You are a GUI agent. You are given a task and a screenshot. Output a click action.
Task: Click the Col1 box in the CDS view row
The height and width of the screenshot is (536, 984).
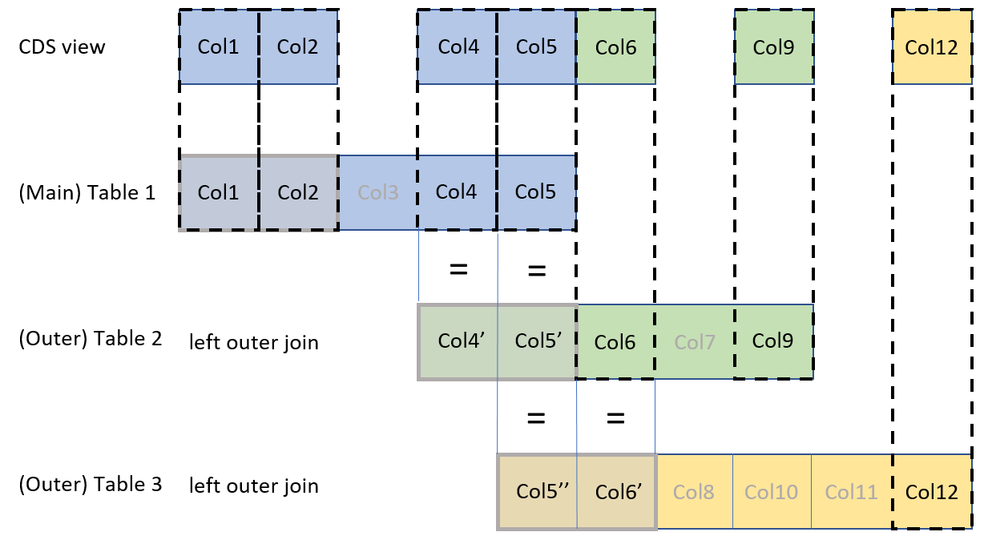point(219,47)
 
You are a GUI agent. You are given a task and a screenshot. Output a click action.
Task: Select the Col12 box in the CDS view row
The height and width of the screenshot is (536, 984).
point(931,47)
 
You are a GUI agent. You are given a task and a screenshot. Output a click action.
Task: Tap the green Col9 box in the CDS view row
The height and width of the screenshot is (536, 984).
point(773,47)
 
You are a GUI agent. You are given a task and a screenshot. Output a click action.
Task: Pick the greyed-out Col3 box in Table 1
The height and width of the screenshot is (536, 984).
point(378,193)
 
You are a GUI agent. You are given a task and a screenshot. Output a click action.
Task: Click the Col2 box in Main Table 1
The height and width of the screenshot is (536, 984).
point(297,193)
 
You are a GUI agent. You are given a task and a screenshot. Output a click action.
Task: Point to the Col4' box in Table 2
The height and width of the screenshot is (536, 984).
point(458,341)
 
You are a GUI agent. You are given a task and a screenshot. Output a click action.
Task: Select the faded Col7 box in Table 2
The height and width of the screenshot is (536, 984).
point(694,341)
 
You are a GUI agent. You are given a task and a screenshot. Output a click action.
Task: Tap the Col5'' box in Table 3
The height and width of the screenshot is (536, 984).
point(537,492)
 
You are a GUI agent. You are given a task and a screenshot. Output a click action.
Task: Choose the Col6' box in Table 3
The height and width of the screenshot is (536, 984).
point(615,492)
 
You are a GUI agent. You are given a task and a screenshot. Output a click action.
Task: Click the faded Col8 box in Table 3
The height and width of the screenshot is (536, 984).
point(694,492)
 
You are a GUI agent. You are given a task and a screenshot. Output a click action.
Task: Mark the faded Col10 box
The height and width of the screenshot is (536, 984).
point(772,492)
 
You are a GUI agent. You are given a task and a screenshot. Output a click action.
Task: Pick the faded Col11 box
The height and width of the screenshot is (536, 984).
point(851,492)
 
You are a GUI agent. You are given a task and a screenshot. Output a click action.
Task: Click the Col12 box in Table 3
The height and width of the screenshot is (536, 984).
point(931,492)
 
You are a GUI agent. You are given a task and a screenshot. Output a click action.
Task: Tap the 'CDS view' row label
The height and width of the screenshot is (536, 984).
point(62,46)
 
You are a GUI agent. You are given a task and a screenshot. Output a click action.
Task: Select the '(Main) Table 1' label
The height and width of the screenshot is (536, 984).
point(87,193)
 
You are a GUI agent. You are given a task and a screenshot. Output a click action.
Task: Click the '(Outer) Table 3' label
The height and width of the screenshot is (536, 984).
point(90,485)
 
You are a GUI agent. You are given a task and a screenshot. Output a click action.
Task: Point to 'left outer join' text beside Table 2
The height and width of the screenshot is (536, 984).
point(253,343)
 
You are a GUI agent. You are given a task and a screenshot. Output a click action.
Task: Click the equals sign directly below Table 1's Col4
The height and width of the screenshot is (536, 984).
point(458,269)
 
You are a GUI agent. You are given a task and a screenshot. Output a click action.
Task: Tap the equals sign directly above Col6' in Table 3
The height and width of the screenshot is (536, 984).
point(615,417)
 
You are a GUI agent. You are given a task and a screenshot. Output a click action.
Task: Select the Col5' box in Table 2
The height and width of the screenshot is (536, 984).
point(537,341)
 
